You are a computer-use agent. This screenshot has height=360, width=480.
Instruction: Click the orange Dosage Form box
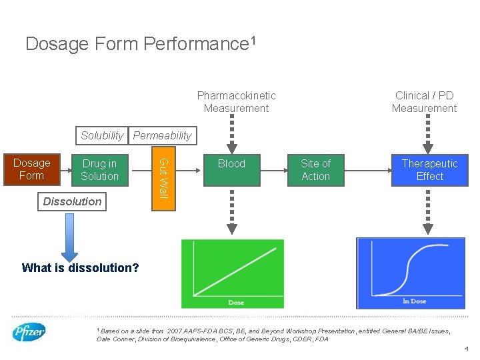[x=31, y=169]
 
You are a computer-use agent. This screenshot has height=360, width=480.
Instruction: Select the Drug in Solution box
[x=99, y=170]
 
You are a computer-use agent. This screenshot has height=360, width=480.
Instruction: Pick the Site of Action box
[x=315, y=170]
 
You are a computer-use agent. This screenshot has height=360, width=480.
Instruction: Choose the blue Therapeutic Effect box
[x=429, y=170]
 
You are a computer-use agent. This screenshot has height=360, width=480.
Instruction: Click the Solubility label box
[x=102, y=135]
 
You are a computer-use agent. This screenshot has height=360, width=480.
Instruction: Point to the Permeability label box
[x=162, y=135]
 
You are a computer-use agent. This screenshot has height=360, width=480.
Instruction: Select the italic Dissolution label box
[x=72, y=201]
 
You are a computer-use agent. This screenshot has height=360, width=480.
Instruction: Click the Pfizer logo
[x=29, y=332]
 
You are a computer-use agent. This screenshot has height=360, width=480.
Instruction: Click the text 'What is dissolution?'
[x=80, y=268]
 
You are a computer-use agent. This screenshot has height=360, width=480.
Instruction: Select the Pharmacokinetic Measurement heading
[x=236, y=102]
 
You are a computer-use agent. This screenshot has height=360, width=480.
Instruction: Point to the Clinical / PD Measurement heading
[x=424, y=102]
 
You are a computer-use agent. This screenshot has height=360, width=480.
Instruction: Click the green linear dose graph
[x=232, y=273]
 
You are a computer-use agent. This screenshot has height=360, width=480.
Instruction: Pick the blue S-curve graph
[x=411, y=273]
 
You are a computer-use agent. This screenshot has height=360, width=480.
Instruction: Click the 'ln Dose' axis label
[x=414, y=301]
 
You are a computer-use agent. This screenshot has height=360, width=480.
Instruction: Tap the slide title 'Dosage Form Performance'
[x=140, y=44]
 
